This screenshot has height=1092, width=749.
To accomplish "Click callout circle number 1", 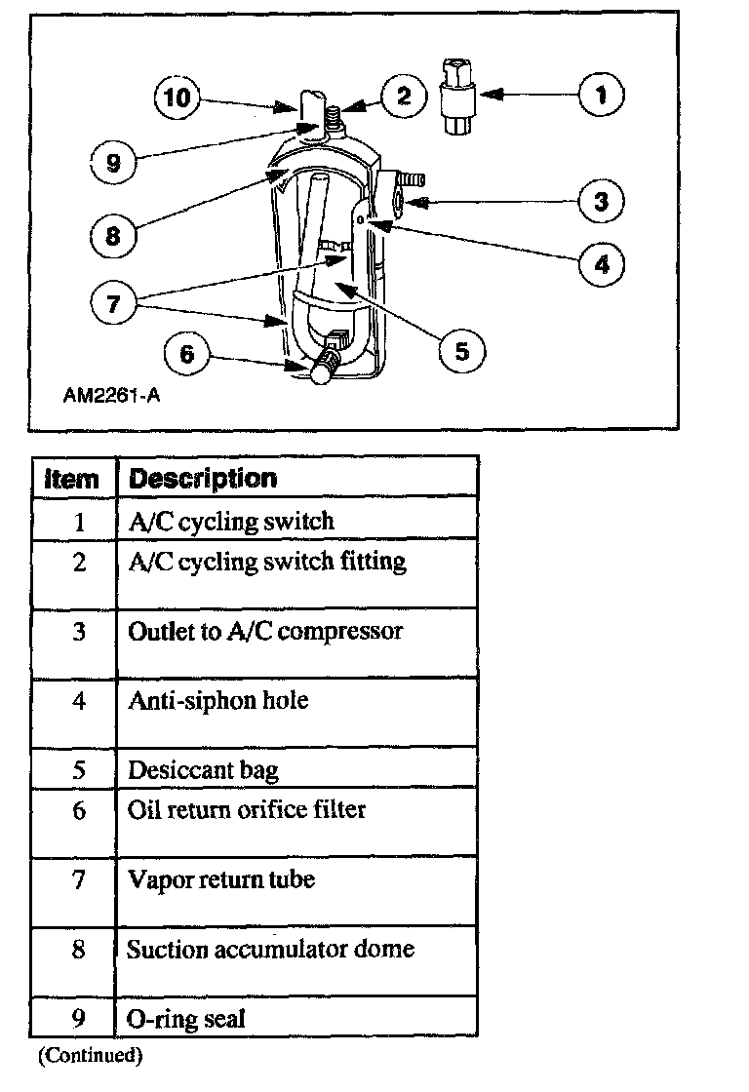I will coord(601,95).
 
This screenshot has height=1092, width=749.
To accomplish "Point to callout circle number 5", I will coord(461,349).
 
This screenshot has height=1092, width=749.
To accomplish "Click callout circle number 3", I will coord(601,201).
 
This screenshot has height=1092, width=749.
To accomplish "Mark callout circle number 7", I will coord(114,303).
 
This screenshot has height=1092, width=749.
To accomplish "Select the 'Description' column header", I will coord(203,479).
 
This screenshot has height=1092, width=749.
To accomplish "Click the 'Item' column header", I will coord(73,479).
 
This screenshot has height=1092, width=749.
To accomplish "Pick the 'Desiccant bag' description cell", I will coord(203,770).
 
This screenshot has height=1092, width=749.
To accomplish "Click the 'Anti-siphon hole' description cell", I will coord(217,700).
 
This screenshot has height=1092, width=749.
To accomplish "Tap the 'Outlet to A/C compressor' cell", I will coord(265,631).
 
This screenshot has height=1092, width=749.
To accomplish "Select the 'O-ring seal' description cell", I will coord(186,1020).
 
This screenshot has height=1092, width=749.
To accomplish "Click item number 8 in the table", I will coord(79,950).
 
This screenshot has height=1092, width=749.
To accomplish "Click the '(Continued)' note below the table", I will coord(91,1055).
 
